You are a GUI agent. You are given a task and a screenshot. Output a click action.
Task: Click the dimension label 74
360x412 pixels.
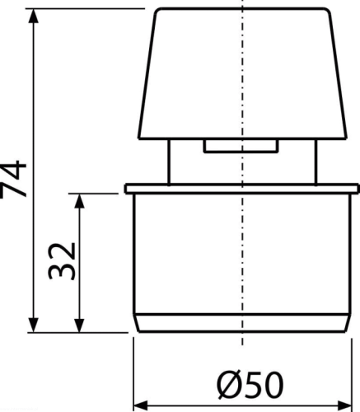13,179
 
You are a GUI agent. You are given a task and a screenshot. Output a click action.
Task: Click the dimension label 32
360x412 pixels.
62,260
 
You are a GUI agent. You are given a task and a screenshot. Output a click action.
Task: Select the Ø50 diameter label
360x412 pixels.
250,384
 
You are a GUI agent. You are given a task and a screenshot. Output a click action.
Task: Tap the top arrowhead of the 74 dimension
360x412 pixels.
34,16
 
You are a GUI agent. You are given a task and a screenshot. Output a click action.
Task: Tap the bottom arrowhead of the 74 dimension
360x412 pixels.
34,325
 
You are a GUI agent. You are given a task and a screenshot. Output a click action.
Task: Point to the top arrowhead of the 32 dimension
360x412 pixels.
79,201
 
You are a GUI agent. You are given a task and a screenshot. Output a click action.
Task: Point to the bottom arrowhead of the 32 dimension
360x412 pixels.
79,325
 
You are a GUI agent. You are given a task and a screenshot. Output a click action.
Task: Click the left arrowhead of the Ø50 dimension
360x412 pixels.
141,405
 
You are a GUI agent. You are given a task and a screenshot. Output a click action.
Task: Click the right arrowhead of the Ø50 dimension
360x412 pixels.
344,405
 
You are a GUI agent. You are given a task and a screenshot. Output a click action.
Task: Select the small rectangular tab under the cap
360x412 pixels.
241,146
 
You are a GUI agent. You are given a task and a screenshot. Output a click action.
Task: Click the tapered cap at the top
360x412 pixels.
242,73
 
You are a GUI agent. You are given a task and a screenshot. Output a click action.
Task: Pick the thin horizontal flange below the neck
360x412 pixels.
242,189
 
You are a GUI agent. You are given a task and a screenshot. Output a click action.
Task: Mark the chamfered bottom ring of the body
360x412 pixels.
242,323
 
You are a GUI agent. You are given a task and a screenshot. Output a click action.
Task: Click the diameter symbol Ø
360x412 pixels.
227,384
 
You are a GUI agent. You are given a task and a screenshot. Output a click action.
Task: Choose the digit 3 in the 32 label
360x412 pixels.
62,271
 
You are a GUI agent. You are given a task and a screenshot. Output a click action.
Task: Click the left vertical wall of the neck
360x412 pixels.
169,162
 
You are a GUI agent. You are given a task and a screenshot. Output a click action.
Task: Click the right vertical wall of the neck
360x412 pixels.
316,162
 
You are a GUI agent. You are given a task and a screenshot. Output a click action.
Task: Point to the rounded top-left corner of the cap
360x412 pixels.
157,11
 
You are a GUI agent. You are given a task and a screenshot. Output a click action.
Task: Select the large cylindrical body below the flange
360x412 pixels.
242,254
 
